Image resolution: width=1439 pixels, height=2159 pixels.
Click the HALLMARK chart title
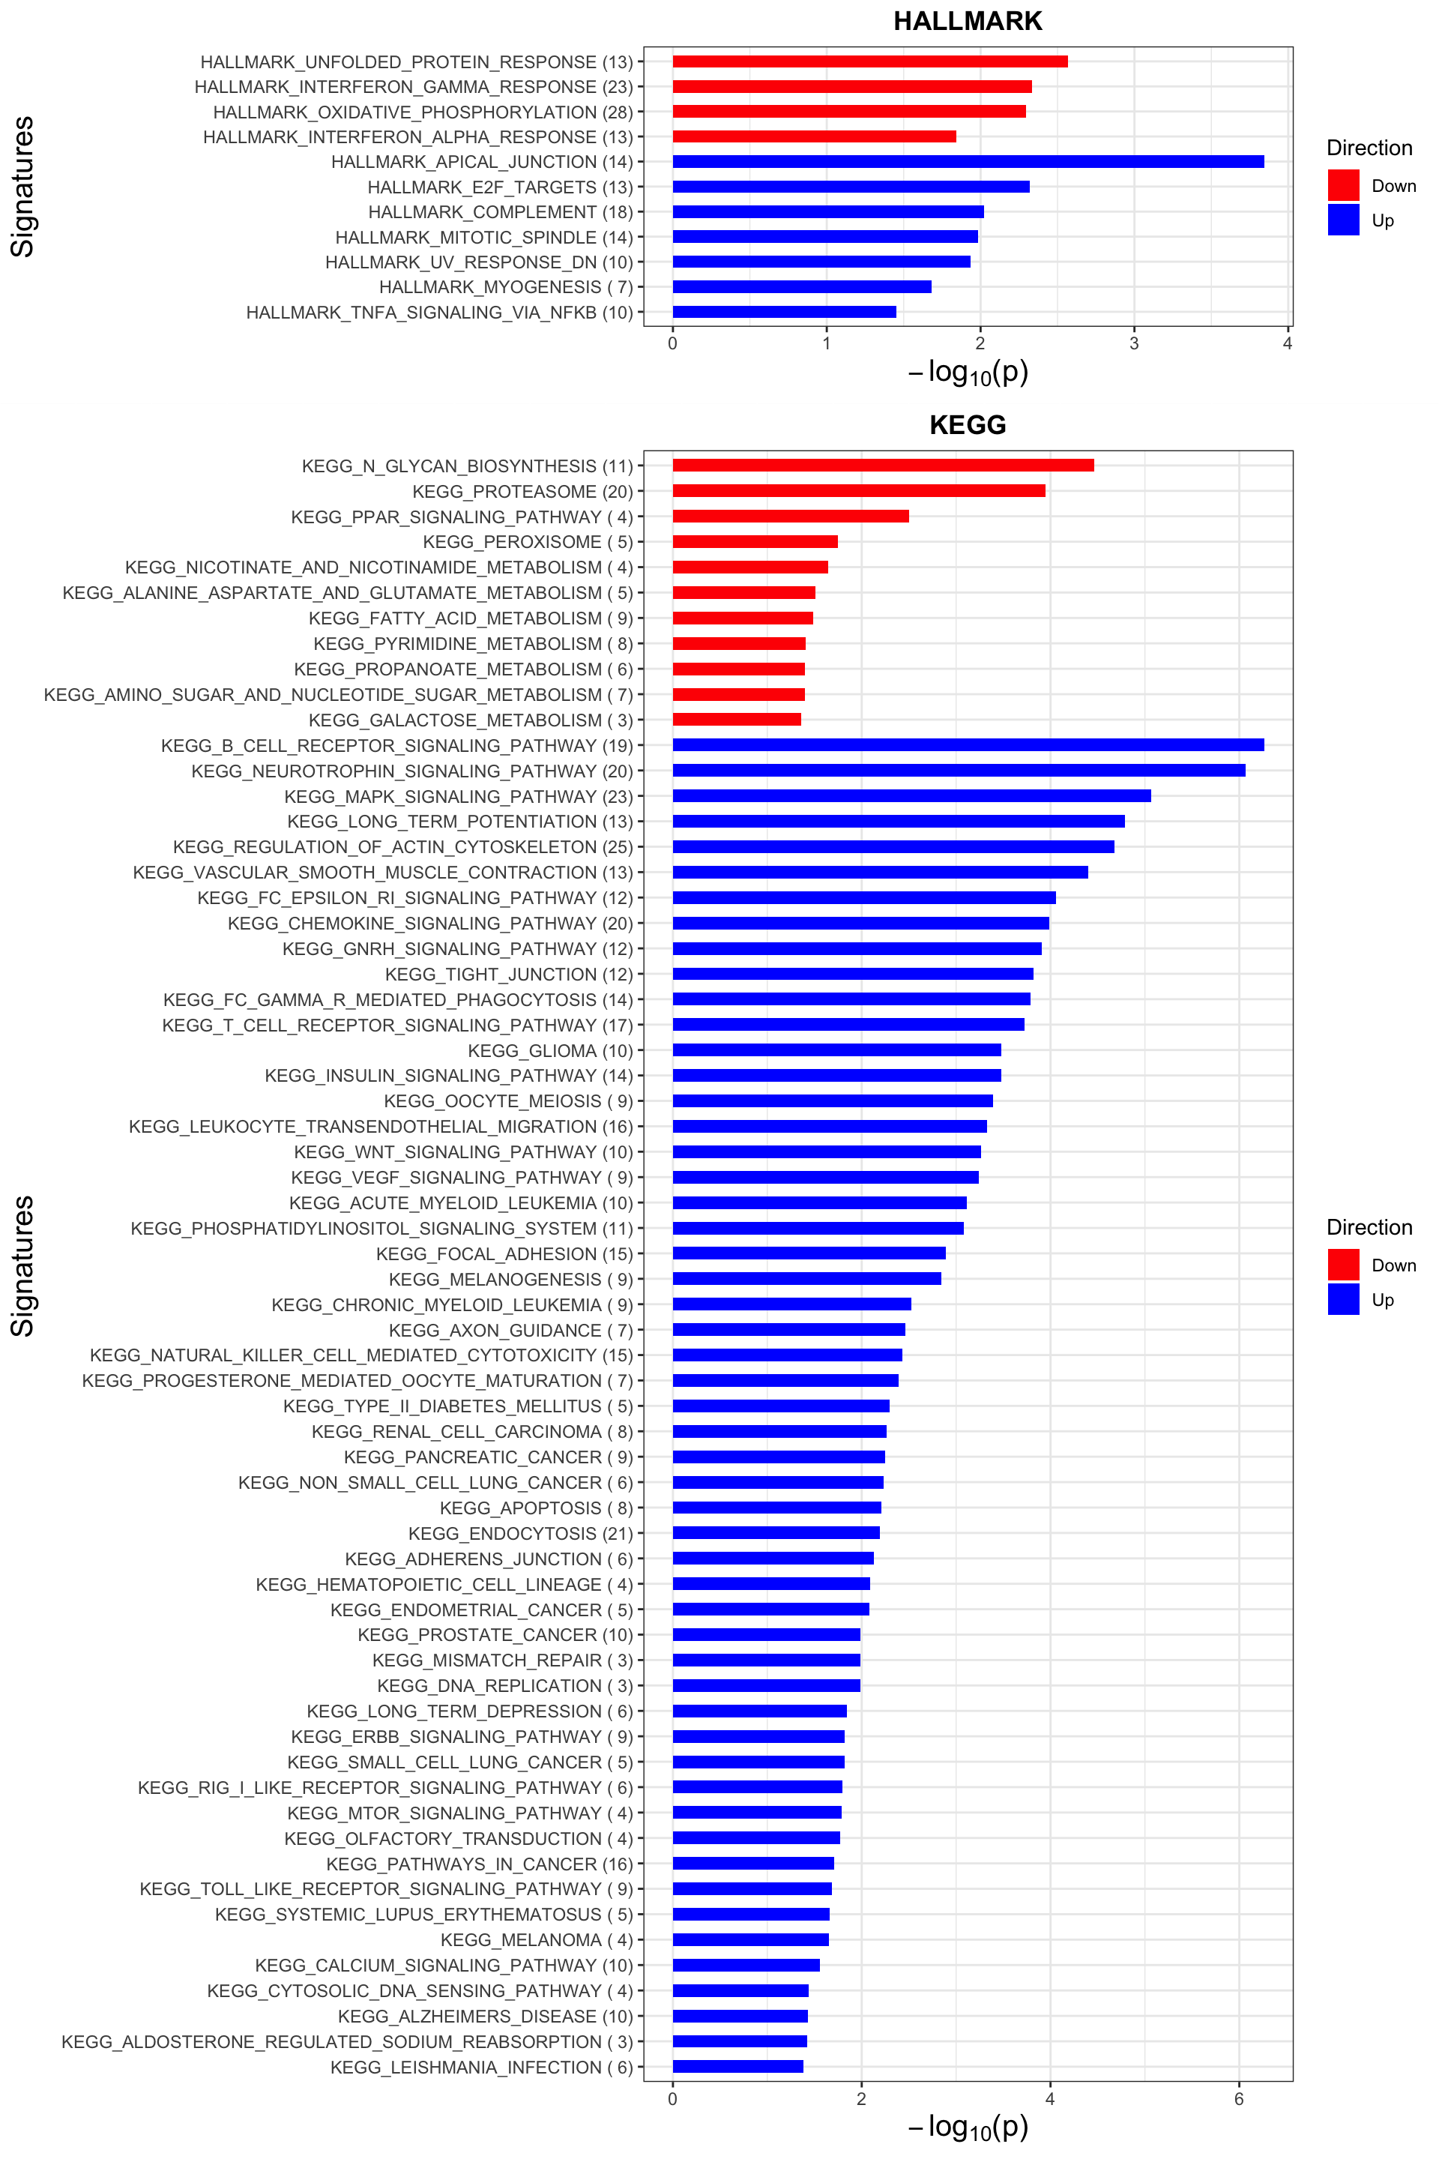click(x=968, y=21)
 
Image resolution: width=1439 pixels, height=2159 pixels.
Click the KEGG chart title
click(x=968, y=425)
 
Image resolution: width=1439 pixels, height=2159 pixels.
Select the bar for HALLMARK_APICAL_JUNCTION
click(x=968, y=162)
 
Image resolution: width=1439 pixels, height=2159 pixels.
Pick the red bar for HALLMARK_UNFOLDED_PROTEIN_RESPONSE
click(x=869, y=61)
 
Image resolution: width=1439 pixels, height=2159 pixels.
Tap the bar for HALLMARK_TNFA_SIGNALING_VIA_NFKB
click(x=784, y=312)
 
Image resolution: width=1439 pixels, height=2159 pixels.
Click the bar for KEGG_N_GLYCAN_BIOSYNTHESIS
click(x=883, y=466)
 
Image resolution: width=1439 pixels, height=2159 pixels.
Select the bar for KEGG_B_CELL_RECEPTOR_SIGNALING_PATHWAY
click(x=968, y=744)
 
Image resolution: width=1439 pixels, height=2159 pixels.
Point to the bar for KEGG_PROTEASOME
click(x=858, y=490)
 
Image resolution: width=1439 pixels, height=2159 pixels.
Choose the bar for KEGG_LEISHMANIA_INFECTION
click(x=737, y=2066)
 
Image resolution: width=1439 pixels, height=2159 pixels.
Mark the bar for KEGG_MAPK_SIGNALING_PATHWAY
click(x=911, y=796)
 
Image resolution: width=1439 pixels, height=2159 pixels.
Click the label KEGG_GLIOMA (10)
click(x=551, y=1050)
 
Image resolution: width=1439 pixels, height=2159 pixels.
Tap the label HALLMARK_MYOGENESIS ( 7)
click(x=506, y=287)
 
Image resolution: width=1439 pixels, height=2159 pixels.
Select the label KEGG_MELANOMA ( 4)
click(x=537, y=1939)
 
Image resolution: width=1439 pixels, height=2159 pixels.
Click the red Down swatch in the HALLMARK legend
click(x=1342, y=185)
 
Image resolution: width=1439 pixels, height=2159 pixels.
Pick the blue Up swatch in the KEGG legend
click(x=1342, y=1299)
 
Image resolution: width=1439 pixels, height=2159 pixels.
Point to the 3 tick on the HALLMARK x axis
click(x=1133, y=343)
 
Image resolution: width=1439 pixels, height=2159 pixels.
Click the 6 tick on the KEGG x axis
click(x=1239, y=2098)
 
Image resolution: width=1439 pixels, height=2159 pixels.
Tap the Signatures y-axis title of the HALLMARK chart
click(x=22, y=187)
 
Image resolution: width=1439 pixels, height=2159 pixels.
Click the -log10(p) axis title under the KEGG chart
click(x=968, y=2126)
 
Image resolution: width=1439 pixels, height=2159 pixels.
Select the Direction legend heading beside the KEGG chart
click(x=1369, y=1227)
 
